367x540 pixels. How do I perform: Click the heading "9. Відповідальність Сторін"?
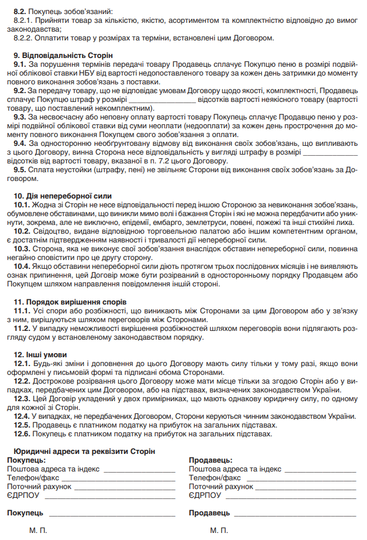(x=56, y=54)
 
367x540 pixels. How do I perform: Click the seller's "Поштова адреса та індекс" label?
(x=235, y=469)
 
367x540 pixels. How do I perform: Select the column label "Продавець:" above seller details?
(x=210, y=460)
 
